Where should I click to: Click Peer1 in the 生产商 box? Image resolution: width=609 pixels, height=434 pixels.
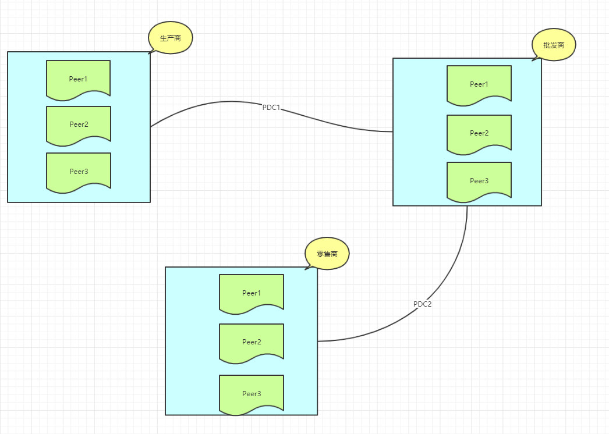[x=78, y=78]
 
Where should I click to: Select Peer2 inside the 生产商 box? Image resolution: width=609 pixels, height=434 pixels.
[x=78, y=124]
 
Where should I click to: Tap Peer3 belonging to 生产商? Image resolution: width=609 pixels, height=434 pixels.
[x=78, y=171]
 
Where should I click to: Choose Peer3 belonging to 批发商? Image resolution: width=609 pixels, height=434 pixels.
[x=479, y=181]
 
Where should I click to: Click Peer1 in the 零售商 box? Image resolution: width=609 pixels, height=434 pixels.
[x=251, y=293]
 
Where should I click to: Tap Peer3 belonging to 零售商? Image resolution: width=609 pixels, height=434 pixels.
[x=251, y=394]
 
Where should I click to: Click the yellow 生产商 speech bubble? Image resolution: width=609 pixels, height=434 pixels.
[x=170, y=38]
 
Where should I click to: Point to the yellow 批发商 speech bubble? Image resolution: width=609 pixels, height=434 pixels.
[x=554, y=45]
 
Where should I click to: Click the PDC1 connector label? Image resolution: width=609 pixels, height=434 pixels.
[x=272, y=107]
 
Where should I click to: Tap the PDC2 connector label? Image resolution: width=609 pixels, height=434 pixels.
[x=422, y=304]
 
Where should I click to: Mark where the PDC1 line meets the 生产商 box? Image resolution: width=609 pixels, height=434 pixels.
[x=151, y=126]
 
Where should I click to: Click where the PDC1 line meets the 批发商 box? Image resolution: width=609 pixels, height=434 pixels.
[x=393, y=132]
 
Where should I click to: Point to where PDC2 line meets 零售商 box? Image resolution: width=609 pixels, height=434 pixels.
[x=318, y=341]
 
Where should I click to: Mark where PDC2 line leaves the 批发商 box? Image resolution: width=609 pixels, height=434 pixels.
[x=467, y=206]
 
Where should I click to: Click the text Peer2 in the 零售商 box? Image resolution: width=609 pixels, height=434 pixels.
[x=252, y=342]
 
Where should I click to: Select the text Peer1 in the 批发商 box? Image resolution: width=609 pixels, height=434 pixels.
[x=479, y=84]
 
